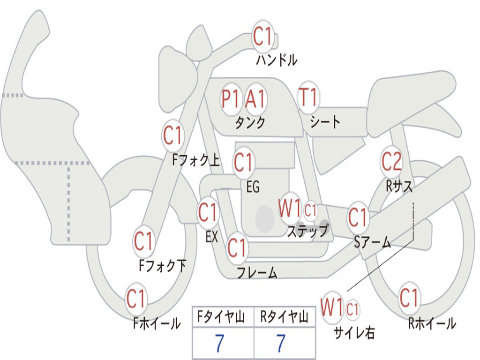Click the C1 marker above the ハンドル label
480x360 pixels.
[262, 36]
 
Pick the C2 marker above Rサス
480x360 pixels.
[391, 161]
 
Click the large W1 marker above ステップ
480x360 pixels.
[290, 209]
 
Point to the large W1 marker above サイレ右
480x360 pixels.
[332, 307]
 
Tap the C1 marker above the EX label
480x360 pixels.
[208, 212]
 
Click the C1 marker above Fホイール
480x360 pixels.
[136, 299]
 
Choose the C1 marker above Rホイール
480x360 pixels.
[409, 297]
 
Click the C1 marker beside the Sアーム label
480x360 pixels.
[358, 217]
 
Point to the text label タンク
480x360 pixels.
[250, 123]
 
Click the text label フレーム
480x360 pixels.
[257, 272]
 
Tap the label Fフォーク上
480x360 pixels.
[196, 159]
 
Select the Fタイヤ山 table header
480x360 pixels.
[221, 316]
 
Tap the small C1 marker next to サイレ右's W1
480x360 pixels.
[352, 309]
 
